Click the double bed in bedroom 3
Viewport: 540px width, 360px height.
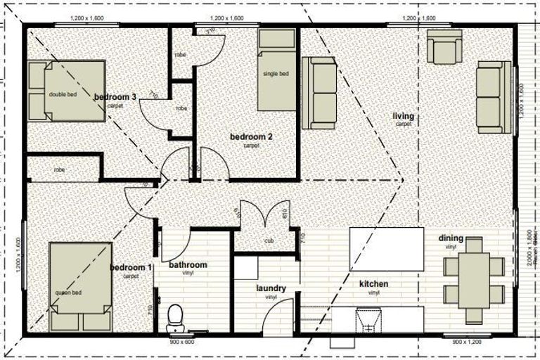(x=66, y=91)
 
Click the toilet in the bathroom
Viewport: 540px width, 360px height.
(x=176, y=319)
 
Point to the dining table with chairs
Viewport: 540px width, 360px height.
(x=474, y=279)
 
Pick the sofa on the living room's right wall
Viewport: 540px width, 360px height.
(x=494, y=96)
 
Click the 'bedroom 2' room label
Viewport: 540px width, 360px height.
(x=251, y=137)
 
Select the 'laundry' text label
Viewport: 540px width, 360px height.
(x=271, y=288)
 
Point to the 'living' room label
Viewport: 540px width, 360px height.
(x=404, y=116)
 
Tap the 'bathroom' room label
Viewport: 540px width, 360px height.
(x=188, y=265)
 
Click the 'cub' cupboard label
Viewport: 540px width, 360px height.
(x=269, y=240)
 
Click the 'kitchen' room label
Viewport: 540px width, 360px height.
(x=373, y=284)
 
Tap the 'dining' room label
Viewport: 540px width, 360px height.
(x=451, y=238)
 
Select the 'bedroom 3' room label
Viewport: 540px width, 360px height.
(x=115, y=97)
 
